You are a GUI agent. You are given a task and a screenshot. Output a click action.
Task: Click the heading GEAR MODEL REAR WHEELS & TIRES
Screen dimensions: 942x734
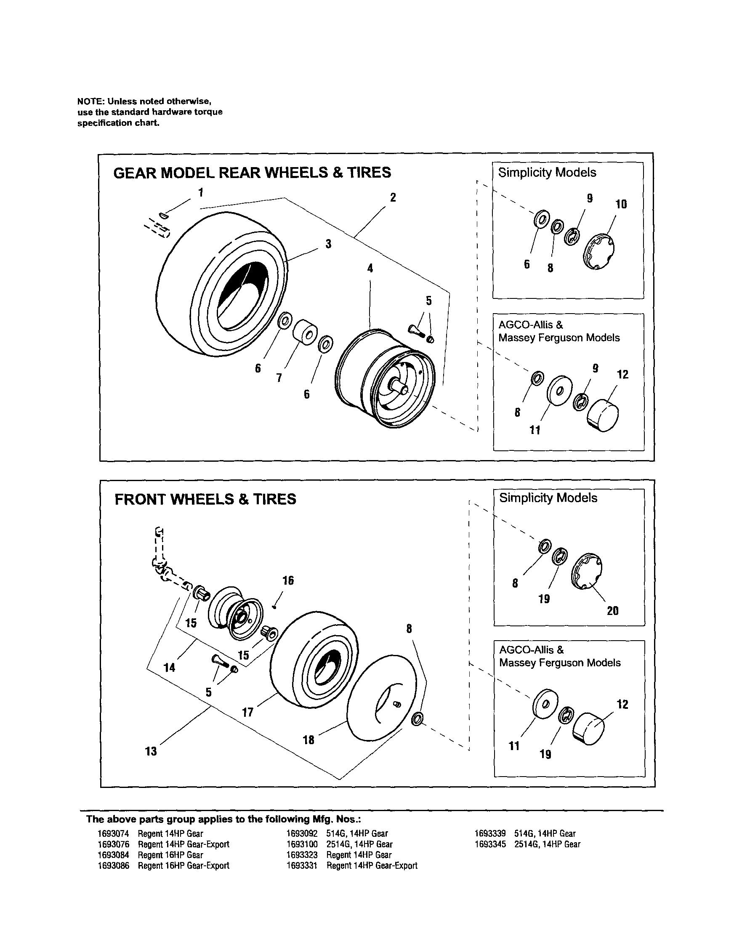tap(252, 173)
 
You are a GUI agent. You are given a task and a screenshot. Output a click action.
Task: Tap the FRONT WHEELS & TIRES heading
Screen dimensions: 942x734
tap(205, 499)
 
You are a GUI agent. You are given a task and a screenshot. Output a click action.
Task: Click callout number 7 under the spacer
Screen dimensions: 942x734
tap(279, 378)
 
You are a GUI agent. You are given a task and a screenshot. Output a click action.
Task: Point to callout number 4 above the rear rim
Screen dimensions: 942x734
tap(370, 268)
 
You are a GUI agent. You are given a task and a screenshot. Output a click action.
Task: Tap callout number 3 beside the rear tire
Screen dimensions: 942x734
tap(328, 244)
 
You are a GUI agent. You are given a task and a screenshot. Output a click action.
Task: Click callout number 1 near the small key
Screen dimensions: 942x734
tap(200, 192)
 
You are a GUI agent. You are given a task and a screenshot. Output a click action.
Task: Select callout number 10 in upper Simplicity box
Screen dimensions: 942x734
tap(621, 205)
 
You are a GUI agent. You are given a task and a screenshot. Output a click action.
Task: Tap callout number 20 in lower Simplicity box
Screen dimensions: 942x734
tap(613, 611)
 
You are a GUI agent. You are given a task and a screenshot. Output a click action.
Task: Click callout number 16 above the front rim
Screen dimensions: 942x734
tap(288, 580)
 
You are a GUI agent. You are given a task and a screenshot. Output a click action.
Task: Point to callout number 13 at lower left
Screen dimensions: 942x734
tap(151, 751)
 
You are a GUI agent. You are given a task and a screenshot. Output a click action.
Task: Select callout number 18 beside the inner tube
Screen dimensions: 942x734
tap(309, 740)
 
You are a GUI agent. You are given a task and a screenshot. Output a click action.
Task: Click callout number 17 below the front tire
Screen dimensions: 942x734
tap(247, 712)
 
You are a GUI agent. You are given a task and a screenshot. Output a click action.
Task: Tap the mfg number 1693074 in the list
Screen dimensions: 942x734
tap(113, 834)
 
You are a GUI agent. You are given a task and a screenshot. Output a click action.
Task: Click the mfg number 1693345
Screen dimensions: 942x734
tap(490, 844)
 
